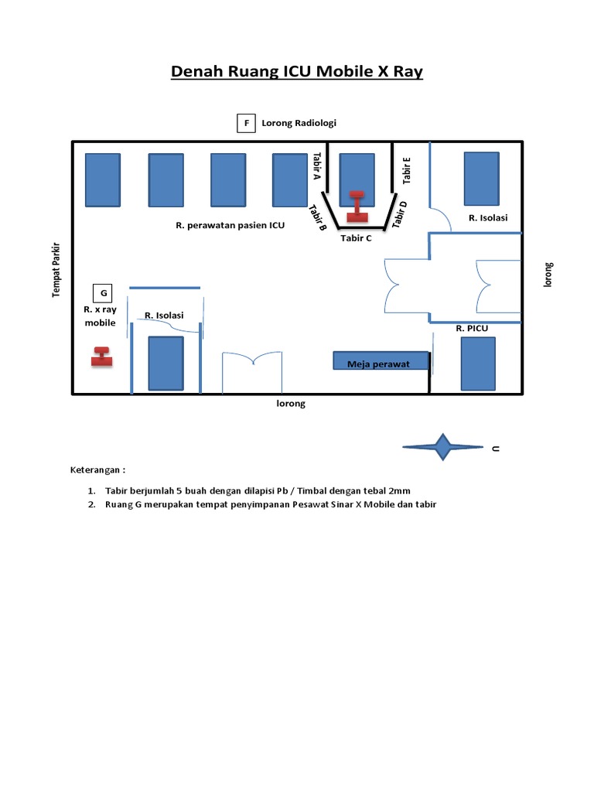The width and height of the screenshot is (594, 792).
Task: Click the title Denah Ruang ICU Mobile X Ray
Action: click(x=296, y=72)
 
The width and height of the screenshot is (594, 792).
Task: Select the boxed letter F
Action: click(x=246, y=123)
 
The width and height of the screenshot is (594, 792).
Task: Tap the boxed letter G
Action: click(x=103, y=293)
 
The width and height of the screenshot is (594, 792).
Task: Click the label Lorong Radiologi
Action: click(x=299, y=123)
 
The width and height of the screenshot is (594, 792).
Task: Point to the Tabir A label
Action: click(x=316, y=166)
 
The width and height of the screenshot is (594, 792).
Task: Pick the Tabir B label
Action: click(x=318, y=217)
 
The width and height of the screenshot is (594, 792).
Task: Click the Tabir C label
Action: click(x=356, y=238)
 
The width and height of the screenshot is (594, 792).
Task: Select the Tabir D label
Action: click(x=399, y=214)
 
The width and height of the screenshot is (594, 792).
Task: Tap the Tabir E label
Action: click(x=407, y=170)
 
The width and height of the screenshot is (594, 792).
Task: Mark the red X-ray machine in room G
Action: click(x=101, y=357)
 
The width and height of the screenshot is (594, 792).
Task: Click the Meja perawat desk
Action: click(x=381, y=361)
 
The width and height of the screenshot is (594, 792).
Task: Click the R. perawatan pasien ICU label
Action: click(x=230, y=226)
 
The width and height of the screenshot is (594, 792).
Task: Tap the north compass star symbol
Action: click(x=442, y=447)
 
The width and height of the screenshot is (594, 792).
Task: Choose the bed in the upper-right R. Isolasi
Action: click(x=481, y=178)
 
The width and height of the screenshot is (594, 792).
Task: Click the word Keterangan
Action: click(x=97, y=469)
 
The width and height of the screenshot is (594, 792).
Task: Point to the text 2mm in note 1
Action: click(x=399, y=490)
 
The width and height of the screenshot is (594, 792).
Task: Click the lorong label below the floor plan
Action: click(x=291, y=404)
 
